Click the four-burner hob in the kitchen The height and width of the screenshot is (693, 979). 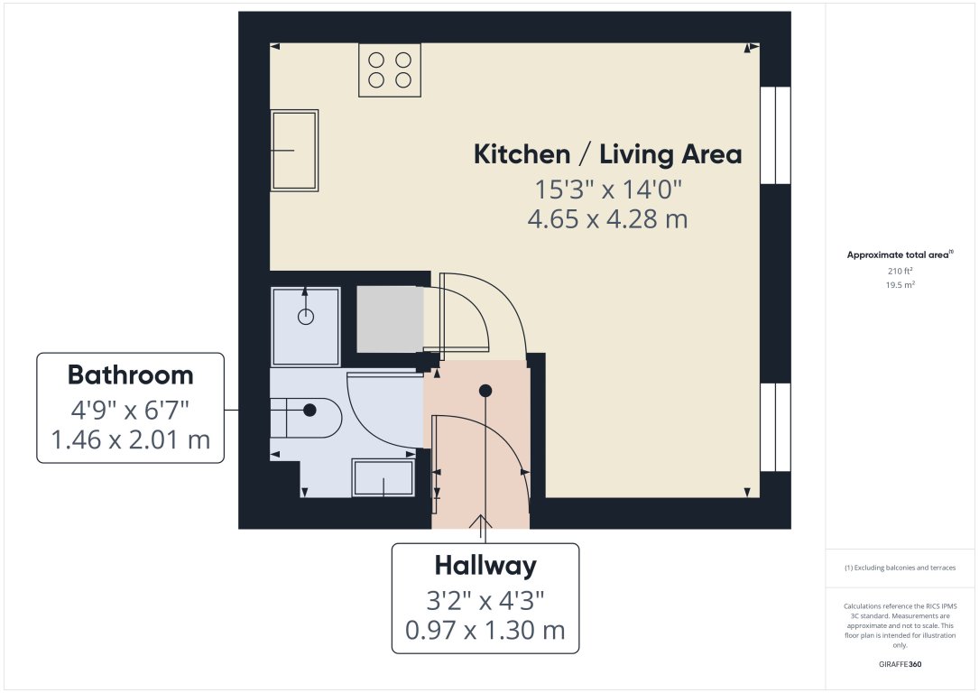tap(390, 69)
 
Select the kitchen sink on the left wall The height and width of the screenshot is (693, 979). tap(295, 151)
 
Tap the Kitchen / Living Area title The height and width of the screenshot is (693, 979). tap(607, 154)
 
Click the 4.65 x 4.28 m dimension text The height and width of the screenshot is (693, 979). tap(607, 219)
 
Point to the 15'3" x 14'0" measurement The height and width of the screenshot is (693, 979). tap(608, 189)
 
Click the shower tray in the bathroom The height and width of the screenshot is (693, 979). tap(306, 326)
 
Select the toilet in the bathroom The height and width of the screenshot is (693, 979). tap(306, 417)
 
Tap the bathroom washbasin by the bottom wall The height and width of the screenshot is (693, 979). tap(383, 477)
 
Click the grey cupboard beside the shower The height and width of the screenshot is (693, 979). tap(390, 319)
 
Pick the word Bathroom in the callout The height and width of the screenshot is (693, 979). tap(131, 375)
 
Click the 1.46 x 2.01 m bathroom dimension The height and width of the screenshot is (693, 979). tap(131, 440)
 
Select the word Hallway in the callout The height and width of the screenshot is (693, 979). tap(485, 566)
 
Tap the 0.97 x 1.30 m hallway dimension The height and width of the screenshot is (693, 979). tap(485, 630)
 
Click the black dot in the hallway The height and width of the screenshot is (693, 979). tap(485, 391)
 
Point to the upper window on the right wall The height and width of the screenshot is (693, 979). tap(775, 135)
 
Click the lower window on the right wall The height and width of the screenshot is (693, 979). tap(775, 427)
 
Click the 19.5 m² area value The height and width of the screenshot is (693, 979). tap(900, 285)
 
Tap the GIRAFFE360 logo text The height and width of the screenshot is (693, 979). tap(900, 664)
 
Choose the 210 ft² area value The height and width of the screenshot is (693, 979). tap(900, 271)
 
